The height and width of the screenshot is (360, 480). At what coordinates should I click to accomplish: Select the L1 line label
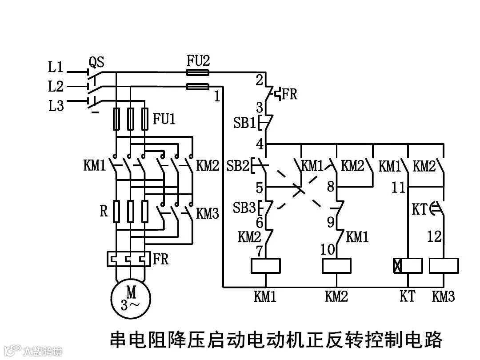point(56,67)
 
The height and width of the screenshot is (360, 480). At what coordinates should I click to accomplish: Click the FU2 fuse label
point(197,61)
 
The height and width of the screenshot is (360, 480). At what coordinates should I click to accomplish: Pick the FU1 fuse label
point(164,119)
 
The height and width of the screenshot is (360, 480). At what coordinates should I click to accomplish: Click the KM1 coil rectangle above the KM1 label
point(265,265)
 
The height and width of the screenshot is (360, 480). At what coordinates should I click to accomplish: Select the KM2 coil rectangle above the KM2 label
point(336,265)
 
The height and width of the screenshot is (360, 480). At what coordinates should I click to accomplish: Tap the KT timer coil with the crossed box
point(408,265)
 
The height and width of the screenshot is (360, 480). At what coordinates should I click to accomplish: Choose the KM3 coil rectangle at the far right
point(444,265)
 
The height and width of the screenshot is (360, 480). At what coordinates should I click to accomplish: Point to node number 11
point(398,187)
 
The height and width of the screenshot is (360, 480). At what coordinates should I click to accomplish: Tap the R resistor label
point(103,211)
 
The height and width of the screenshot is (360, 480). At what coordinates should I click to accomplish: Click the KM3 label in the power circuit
point(208,213)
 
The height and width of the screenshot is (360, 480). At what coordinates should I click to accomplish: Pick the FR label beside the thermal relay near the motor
point(161,259)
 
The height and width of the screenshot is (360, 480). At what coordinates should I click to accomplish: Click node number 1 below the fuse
point(217,96)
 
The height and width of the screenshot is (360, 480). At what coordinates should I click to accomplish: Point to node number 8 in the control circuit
point(330,186)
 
